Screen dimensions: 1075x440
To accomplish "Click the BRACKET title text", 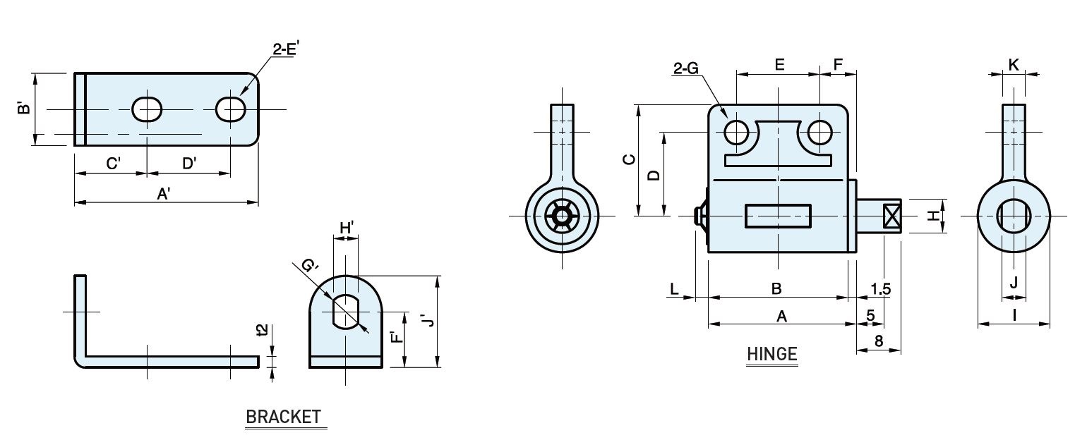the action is (283, 417).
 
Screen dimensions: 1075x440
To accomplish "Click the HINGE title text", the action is (772, 354).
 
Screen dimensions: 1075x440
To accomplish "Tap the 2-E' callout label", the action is (286, 49).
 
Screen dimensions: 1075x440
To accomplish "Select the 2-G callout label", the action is (686, 68).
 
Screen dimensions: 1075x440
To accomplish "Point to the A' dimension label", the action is (164, 194).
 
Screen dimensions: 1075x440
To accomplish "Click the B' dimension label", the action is (23, 107).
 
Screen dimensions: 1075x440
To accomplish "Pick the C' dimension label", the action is (113, 164).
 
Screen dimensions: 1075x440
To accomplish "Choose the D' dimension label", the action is (189, 164).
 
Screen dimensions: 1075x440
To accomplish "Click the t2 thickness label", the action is (262, 330).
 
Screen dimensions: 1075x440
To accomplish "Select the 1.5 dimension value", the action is (881, 288).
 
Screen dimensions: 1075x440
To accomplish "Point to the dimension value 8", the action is (879, 341).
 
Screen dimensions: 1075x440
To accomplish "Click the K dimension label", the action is (1014, 65).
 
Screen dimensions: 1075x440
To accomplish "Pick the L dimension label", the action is (674, 288).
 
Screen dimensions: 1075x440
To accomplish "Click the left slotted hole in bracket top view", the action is (147, 109).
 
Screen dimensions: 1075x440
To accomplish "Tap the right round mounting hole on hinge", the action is (819, 133).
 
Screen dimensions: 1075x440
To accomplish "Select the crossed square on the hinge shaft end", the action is (892, 216).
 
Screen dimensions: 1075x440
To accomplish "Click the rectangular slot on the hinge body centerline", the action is (778, 216).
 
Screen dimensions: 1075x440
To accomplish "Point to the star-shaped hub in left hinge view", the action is (561, 216).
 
